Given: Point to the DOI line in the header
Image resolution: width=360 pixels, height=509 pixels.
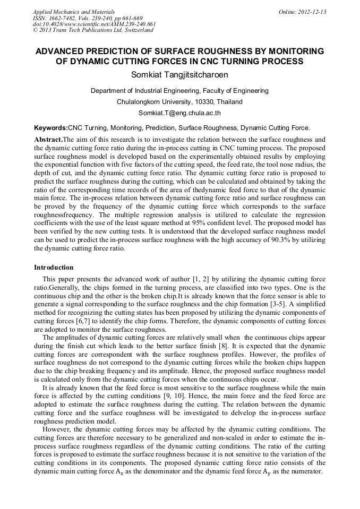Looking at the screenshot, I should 94,24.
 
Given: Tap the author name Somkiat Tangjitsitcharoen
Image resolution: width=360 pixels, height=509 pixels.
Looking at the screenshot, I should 179,74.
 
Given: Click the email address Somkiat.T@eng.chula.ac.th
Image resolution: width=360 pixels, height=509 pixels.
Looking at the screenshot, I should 179,113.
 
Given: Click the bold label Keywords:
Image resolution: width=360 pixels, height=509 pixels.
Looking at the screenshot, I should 51,128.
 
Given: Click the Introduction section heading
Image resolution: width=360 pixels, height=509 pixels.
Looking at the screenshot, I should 54,268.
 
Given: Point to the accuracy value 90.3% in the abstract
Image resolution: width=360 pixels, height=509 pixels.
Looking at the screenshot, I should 288,239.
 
